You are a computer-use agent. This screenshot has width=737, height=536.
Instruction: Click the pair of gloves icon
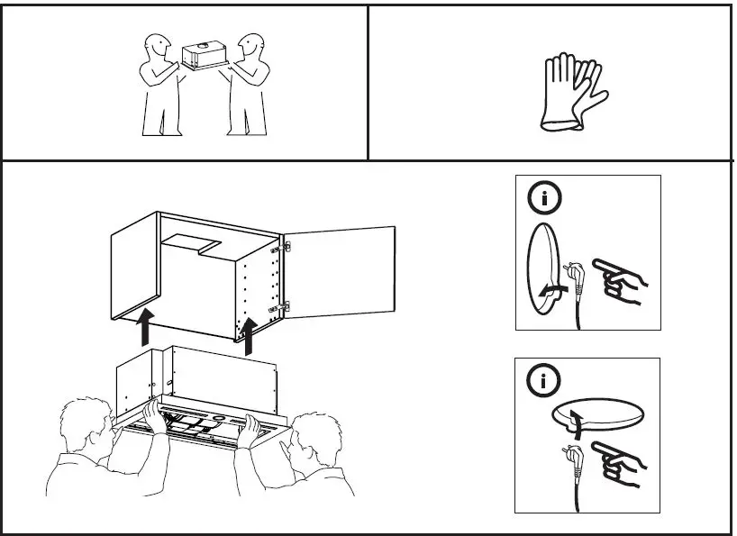point(571,93)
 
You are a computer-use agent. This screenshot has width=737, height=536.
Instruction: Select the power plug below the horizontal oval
point(571,451)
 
